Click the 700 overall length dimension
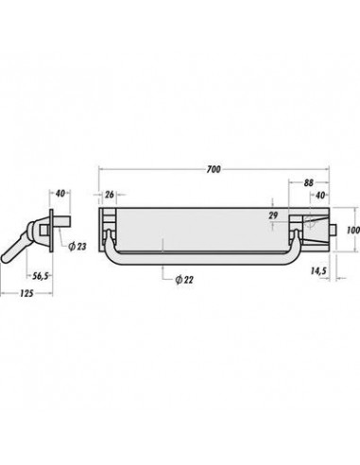214,169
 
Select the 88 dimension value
309,182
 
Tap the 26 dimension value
109,195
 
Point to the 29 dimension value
273,215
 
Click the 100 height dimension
353,230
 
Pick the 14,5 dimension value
317,271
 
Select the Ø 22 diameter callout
184,280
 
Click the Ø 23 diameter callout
77,247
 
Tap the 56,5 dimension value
41,276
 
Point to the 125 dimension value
26,294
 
